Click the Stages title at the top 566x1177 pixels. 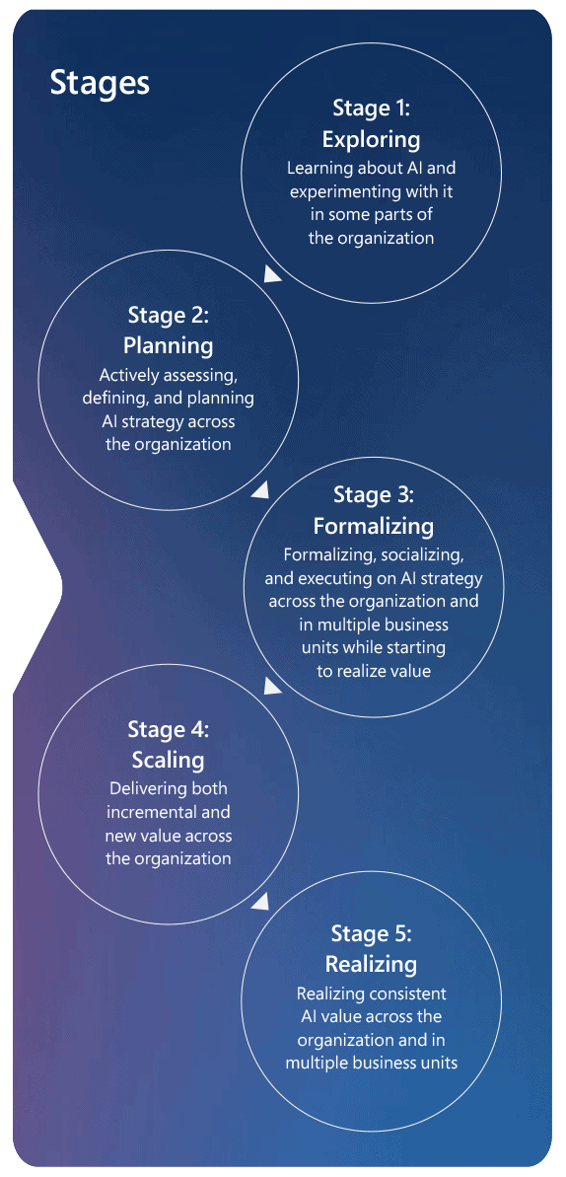coord(100,83)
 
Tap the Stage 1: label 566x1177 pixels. coord(371,109)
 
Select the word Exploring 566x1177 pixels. coord(371,140)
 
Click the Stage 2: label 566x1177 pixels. coord(169,315)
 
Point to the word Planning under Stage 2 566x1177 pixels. coord(169,346)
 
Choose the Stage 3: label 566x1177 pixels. coord(373,495)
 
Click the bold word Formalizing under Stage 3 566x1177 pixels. coord(373,526)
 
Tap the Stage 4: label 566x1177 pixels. coord(169,729)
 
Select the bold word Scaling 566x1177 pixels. coord(169,761)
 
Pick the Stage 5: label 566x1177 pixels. coord(371,934)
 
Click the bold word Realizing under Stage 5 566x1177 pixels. coord(371,964)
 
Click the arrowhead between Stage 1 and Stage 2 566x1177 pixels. coord(272,274)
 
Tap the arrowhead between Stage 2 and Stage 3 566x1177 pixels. coord(259,490)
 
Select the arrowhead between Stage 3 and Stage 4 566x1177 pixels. coord(272,685)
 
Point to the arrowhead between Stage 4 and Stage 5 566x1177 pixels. coord(259,902)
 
